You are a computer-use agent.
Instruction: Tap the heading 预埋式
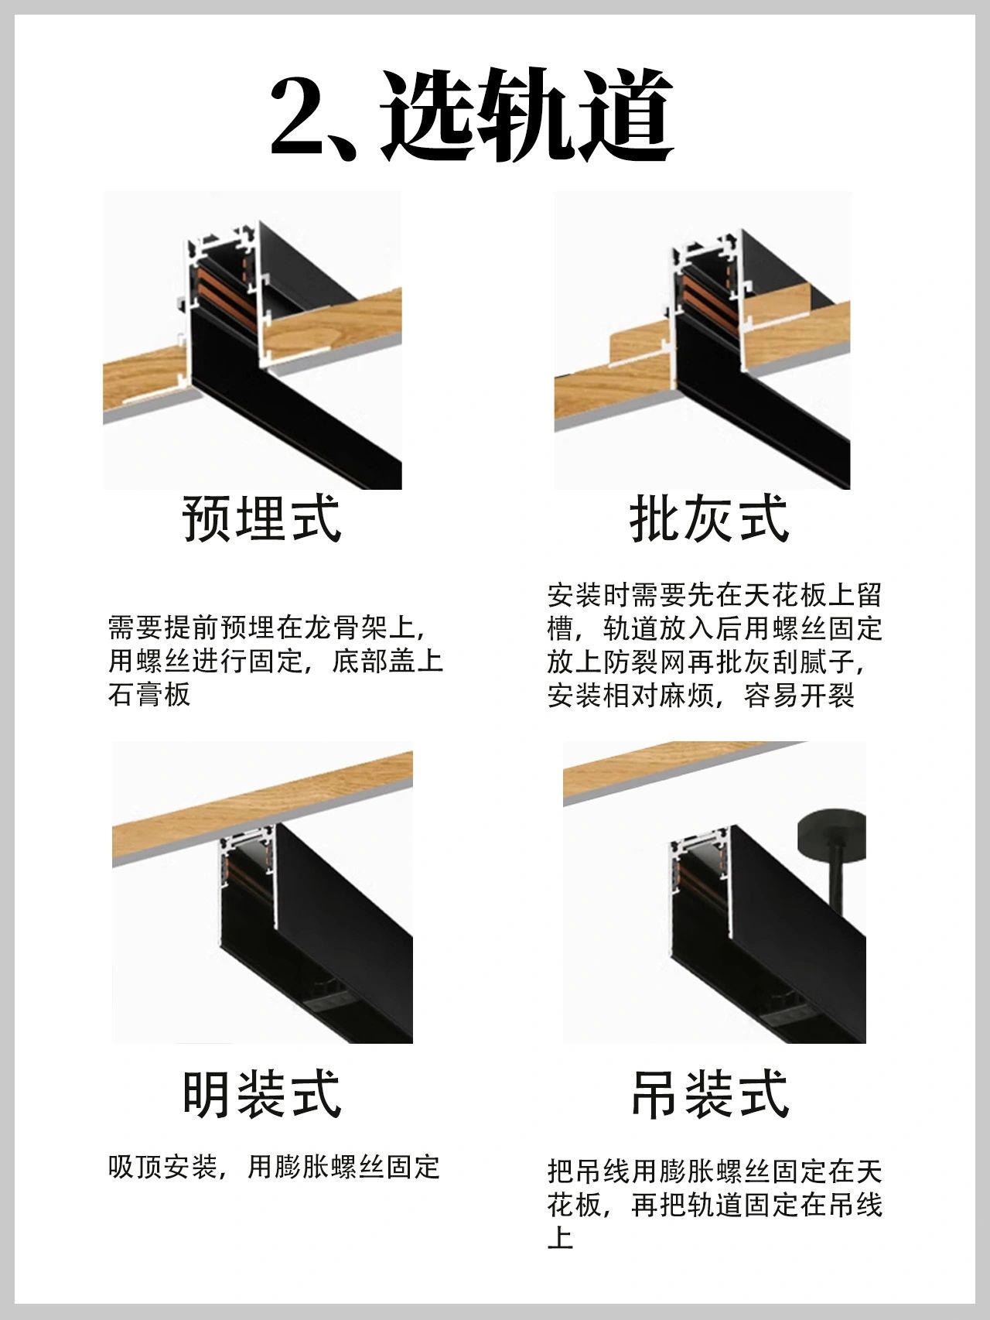(x=261, y=518)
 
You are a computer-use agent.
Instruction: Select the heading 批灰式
(x=709, y=518)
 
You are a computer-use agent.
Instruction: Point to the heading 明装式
(x=261, y=1093)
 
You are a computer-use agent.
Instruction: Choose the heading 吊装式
(x=709, y=1093)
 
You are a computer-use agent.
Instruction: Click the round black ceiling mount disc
(x=831, y=831)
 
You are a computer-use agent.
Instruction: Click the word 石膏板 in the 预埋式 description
(x=149, y=694)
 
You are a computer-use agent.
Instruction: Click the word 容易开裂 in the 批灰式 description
(x=800, y=695)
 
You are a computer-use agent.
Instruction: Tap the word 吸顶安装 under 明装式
(x=162, y=1167)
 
